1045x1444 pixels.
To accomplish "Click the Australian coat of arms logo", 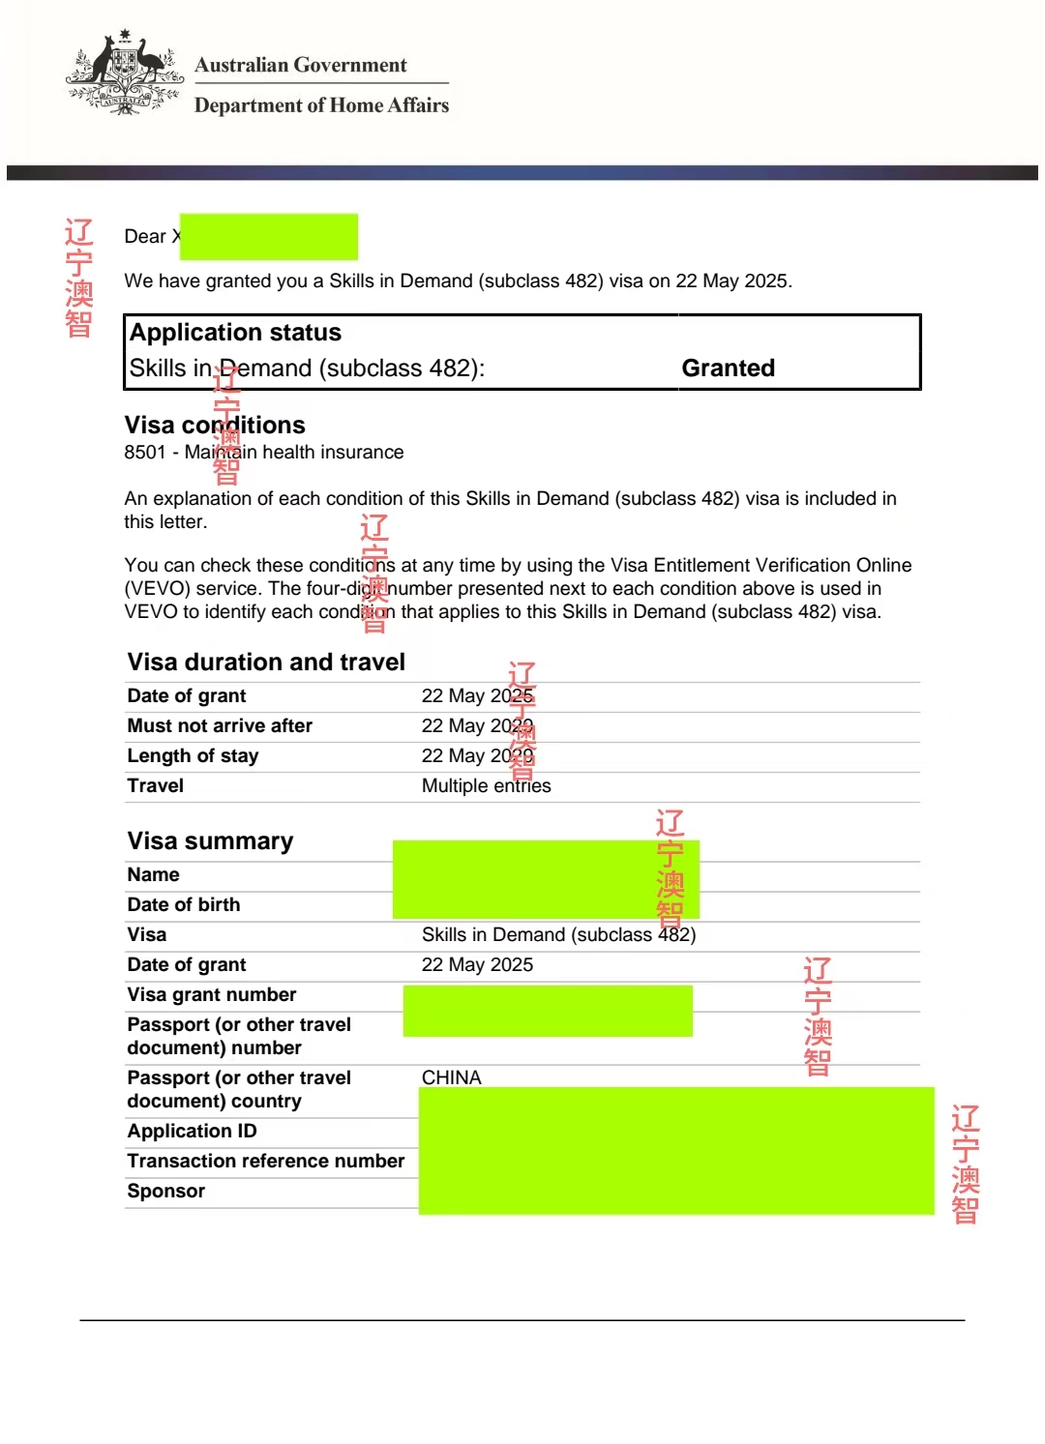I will coord(124,74).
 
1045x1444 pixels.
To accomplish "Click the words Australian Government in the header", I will coord(300,65).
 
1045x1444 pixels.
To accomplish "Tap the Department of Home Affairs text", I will coord(321,104).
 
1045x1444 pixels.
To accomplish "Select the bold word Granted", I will coord(728,368).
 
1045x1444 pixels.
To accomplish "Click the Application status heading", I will coord(235,333).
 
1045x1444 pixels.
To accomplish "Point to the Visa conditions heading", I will coord(215,426).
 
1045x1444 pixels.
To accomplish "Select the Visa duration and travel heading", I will coord(266,663).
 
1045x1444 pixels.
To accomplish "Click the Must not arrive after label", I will coord(220,726).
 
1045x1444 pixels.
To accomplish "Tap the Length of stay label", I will coord(193,756).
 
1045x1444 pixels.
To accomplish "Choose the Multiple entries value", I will coord(486,786).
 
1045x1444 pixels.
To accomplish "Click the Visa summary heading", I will coord(210,841).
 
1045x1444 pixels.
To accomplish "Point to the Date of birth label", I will coord(184,905).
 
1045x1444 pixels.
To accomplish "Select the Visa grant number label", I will coord(212,995).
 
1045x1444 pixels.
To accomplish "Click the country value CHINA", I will coord(451,1077).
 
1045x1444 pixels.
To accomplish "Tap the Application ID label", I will coord(192,1132).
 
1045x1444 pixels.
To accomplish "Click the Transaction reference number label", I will coord(266,1162).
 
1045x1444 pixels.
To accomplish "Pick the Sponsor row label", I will coord(166,1192).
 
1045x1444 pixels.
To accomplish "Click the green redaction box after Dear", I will coord(269,237).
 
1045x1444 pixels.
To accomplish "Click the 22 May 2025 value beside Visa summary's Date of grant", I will coord(477,965).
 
